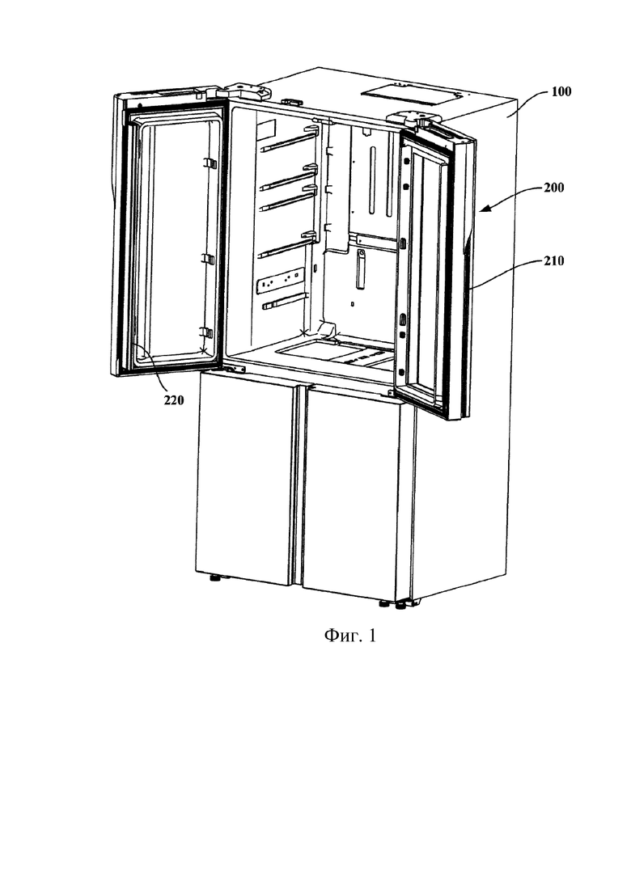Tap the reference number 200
click(554, 187)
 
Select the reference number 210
click(554, 260)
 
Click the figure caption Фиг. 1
click(349, 636)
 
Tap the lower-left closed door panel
click(244, 477)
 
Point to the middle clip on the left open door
click(208, 260)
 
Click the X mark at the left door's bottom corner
click(202, 349)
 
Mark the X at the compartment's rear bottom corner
click(303, 332)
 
